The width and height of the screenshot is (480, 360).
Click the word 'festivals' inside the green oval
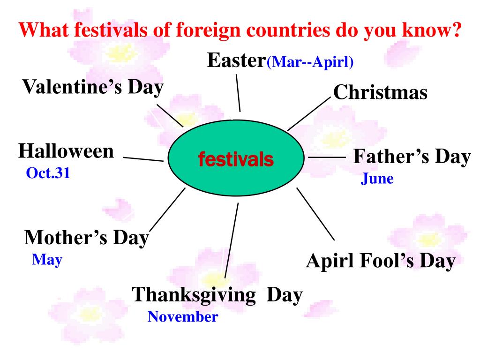pos(236,159)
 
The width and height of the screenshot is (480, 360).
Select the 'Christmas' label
pos(380,92)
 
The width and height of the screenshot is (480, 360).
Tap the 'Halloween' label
pos(66,151)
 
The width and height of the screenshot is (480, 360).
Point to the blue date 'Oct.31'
pos(48,174)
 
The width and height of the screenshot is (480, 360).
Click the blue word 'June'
pos(377,179)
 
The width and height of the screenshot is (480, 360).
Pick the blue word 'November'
pos(183,317)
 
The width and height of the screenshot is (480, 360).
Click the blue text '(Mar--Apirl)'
pos(310,62)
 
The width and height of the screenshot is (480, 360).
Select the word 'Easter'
pos(236,60)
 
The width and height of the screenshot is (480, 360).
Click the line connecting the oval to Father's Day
pos(326,158)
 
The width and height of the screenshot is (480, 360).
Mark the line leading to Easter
pos(238,92)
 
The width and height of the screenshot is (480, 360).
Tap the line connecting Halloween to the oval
pos(143,159)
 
